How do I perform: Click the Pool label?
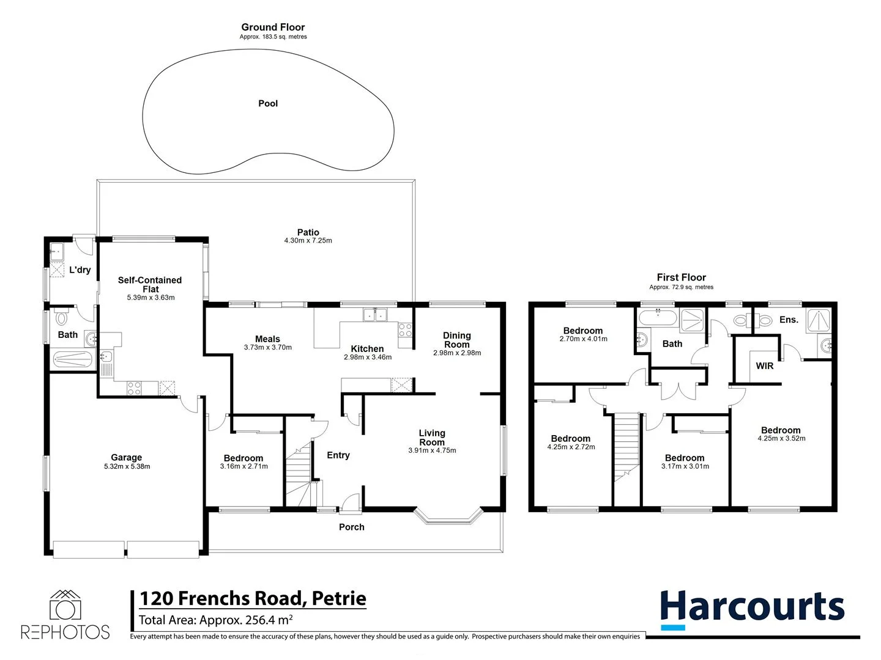click(268, 104)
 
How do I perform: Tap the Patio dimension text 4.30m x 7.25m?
click(308, 241)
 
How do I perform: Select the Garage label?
click(127, 457)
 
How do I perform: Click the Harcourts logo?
click(752, 609)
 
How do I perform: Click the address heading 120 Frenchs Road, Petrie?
click(253, 598)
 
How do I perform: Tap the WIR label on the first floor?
click(764, 366)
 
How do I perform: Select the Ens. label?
click(788, 320)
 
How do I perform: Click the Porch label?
click(351, 527)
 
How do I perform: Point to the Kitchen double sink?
click(375, 315)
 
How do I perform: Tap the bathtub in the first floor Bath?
click(658, 318)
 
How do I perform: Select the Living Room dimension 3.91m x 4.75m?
click(432, 450)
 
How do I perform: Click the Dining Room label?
click(456, 340)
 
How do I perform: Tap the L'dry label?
click(80, 269)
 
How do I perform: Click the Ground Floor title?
click(273, 27)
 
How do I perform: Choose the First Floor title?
click(681, 277)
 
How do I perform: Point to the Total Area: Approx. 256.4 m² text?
click(215, 620)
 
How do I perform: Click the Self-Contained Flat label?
click(150, 284)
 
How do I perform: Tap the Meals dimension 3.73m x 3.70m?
click(267, 347)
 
